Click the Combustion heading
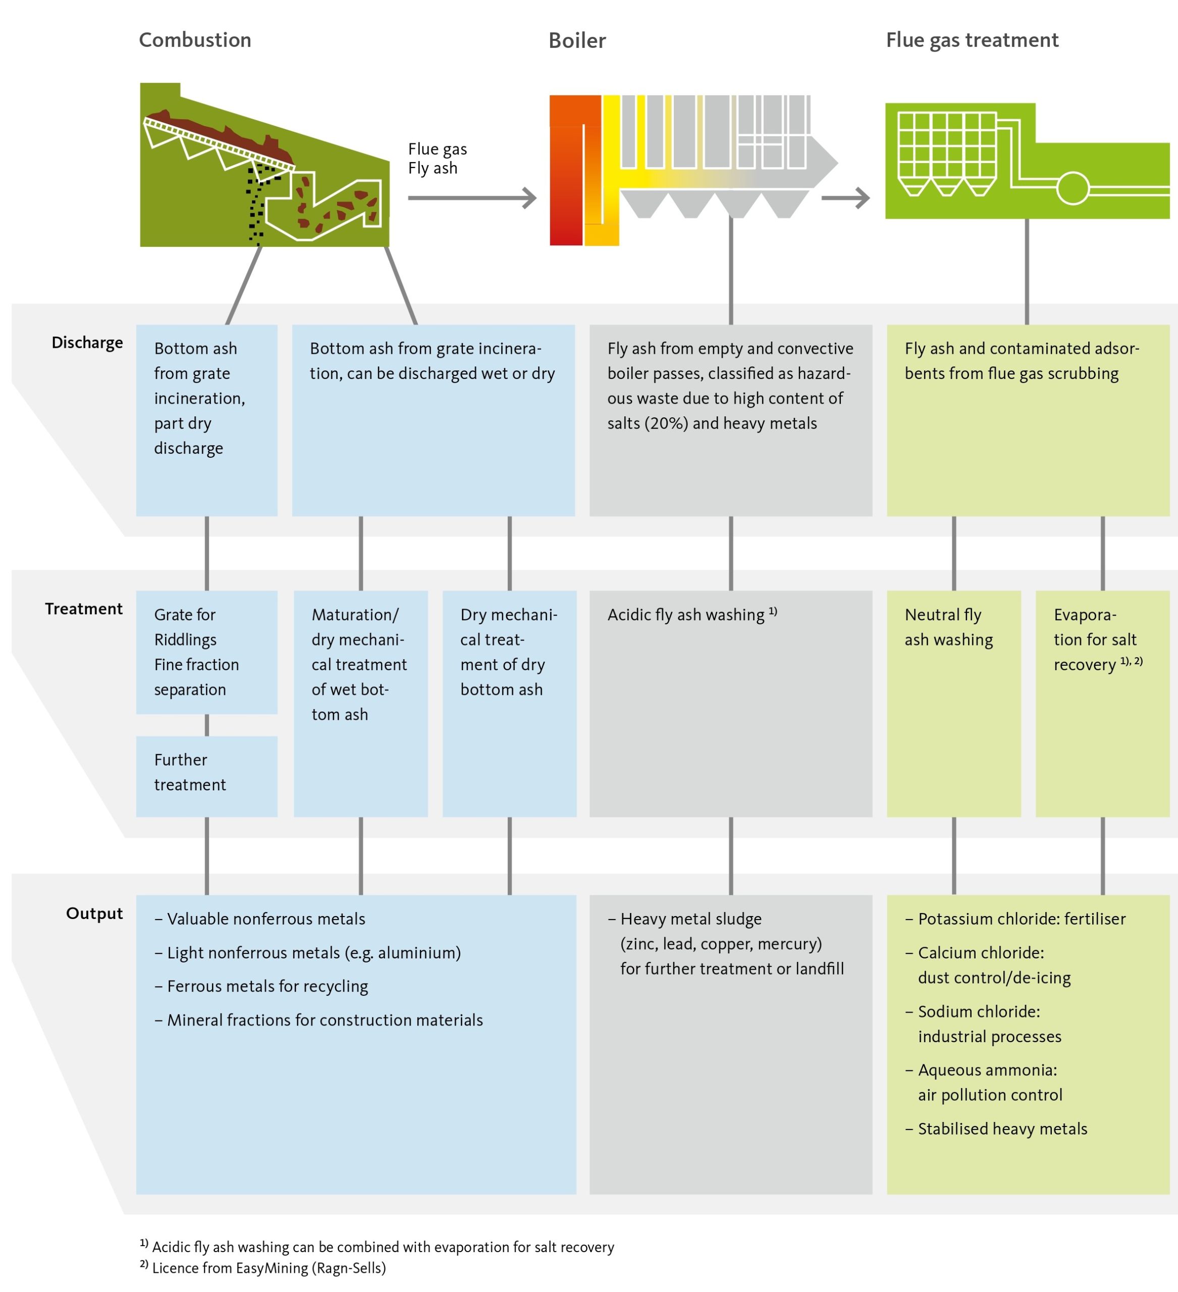coord(195,40)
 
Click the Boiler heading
coord(577,40)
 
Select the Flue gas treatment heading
coord(972,40)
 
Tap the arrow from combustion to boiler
coord(472,198)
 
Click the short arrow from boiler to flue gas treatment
coord(845,198)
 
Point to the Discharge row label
coord(87,343)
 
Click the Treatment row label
coord(83,609)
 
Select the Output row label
coord(94,913)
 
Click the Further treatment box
coord(206,776)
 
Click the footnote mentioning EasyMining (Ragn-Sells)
coord(263,1268)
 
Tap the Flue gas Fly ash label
coord(437,159)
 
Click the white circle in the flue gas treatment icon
coord(1072,188)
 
